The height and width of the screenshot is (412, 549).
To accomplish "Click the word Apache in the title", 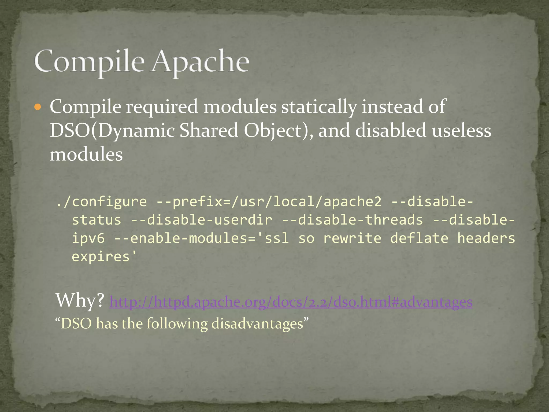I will (200, 62).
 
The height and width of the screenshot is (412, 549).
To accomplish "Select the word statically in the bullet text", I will (319, 107).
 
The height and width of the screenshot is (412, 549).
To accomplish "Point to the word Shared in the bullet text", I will (209, 131).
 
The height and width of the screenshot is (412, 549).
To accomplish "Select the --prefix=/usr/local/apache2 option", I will (269, 201).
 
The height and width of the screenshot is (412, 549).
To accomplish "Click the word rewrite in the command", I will (352, 238).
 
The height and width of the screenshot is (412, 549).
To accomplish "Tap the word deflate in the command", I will (419, 238).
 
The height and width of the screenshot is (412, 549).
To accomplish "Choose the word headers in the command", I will (486, 238).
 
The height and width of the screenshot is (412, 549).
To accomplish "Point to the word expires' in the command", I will (104, 257).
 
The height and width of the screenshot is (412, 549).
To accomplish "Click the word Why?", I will (80, 300).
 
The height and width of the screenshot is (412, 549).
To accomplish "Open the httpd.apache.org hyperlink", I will (291, 302).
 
